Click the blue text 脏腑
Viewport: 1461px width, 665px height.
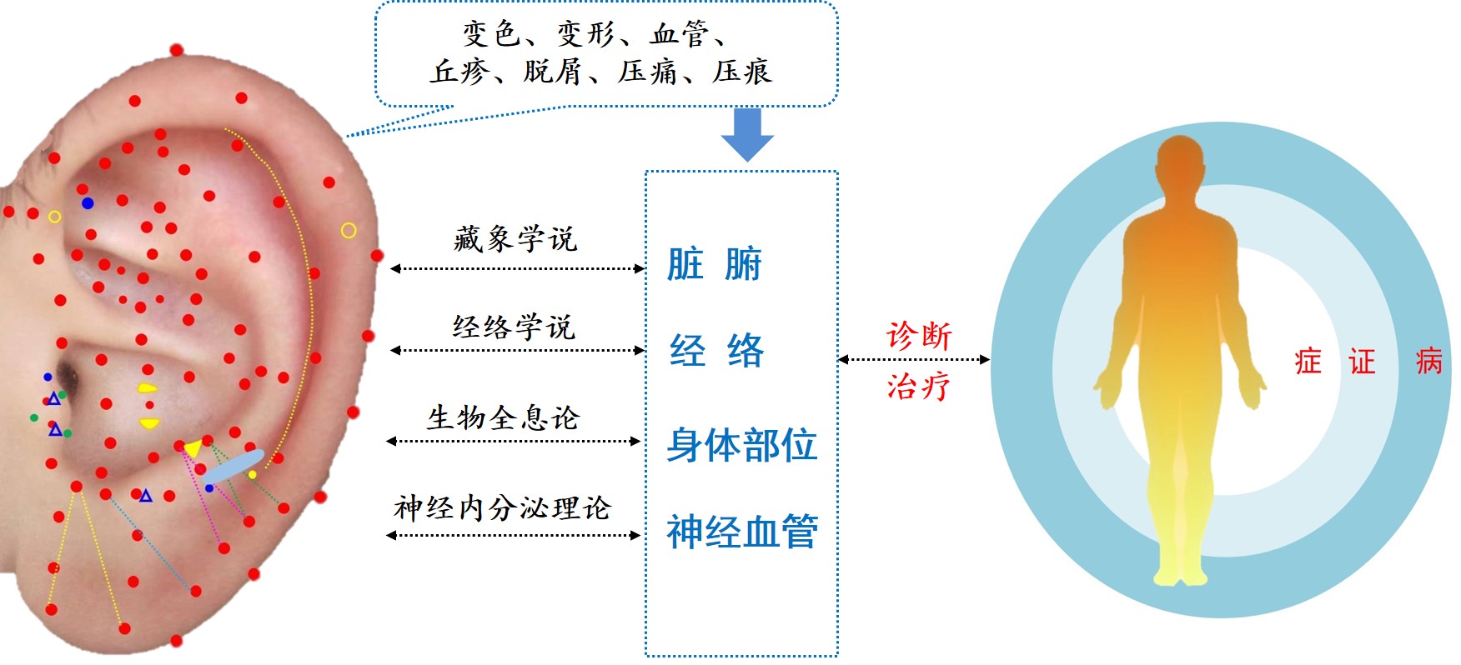tap(715, 264)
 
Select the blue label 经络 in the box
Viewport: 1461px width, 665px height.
tap(716, 350)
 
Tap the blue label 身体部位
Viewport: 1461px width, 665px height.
tap(741, 445)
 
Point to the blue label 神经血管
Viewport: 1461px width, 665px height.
tap(741, 531)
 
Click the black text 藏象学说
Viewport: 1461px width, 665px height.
tap(515, 239)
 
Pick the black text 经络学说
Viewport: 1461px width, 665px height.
tap(515, 327)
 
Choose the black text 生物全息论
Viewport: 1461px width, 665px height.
tap(503, 417)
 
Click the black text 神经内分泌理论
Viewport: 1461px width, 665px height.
tap(503, 507)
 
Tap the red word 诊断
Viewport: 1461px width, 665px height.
tap(919, 336)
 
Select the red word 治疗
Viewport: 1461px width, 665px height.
tap(918, 387)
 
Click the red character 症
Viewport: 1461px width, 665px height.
tap(1308, 362)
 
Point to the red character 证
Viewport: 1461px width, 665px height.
tap(1362, 362)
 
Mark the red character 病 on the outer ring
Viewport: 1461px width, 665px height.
tap(1429, 362)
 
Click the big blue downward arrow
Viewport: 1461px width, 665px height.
tap(747, 134)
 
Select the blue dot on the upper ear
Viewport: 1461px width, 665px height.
tap(88, 203)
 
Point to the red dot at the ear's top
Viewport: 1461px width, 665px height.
tap(177, 50)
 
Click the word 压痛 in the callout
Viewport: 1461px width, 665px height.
tap(648, 72)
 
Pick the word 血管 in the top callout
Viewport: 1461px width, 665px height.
tap(680, 34)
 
